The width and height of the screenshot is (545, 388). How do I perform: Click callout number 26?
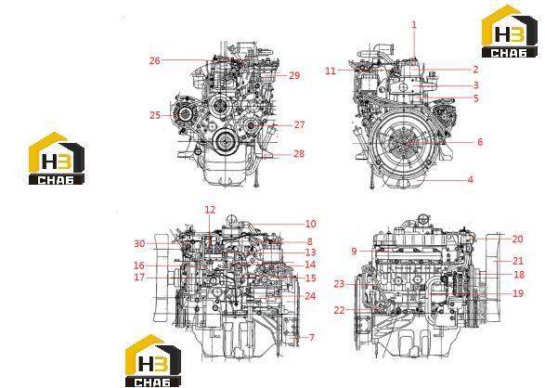click(155, 60)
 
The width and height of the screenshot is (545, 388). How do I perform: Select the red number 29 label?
click(294, 76)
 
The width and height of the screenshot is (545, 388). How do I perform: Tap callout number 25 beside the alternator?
click(155, 115)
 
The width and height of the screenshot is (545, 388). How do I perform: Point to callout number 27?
click(299, 124)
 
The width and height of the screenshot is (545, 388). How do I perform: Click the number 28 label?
click(299, 153)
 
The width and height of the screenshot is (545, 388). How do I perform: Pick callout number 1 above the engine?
click(414, 25)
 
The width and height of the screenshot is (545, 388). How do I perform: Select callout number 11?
click(331, 71)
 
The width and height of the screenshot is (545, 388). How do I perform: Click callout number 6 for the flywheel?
click(480, 142)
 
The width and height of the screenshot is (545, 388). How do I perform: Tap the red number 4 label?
click(471, 179)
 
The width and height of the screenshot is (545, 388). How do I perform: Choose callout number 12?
click(210, 210)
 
